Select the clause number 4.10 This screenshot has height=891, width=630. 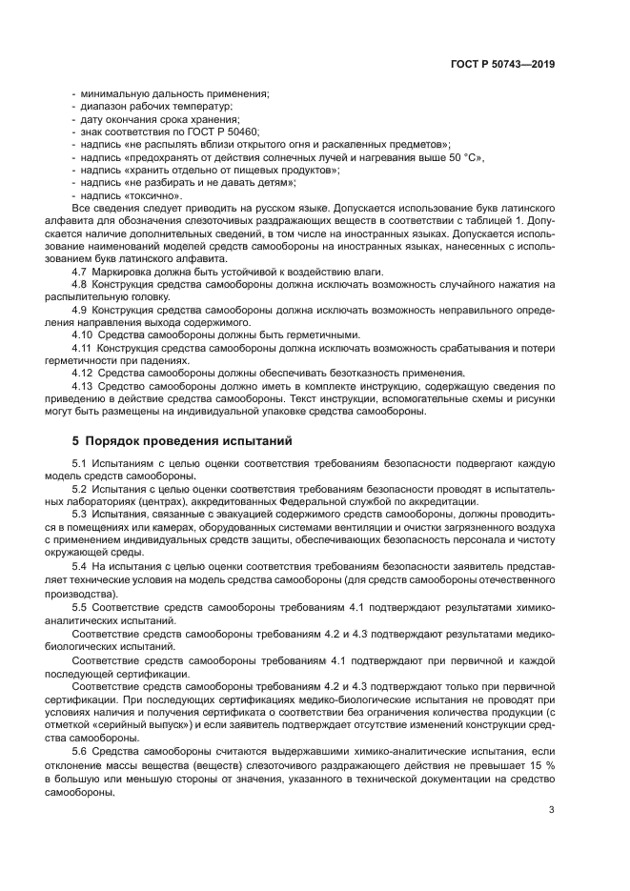(82, 334)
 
